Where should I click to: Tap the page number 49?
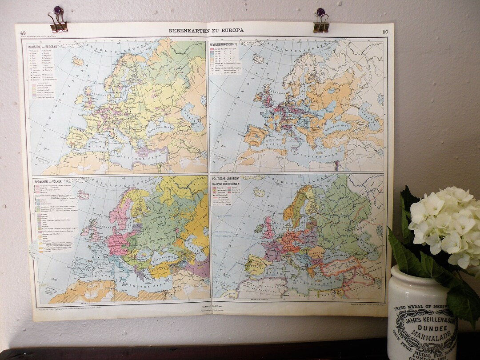23,32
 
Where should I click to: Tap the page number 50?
385,32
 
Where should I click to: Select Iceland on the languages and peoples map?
83,195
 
